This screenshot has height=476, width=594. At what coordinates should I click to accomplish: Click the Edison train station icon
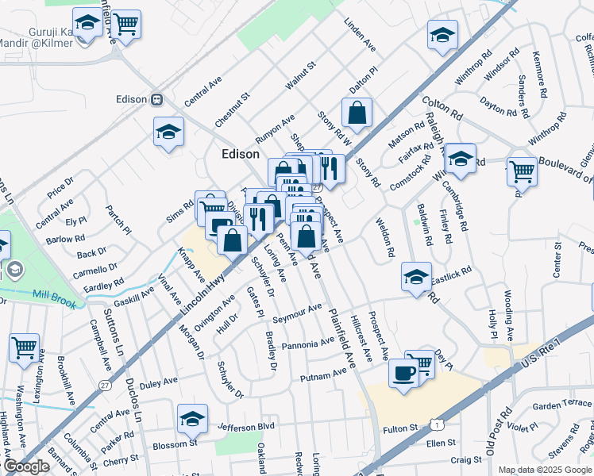point(157,99)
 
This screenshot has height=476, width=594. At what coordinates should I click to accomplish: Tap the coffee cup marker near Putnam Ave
point(403,373)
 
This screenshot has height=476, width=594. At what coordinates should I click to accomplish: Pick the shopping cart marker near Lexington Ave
point(25,347)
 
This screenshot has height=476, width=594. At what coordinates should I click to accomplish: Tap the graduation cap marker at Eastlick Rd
point(416,277)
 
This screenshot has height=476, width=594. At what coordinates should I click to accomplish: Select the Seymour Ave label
point(297,313)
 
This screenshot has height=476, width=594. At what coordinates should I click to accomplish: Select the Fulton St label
point(400,428)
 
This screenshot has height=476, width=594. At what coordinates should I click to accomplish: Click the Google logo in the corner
point(26,466)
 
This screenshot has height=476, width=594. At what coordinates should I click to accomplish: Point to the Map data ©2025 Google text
point(546,470)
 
